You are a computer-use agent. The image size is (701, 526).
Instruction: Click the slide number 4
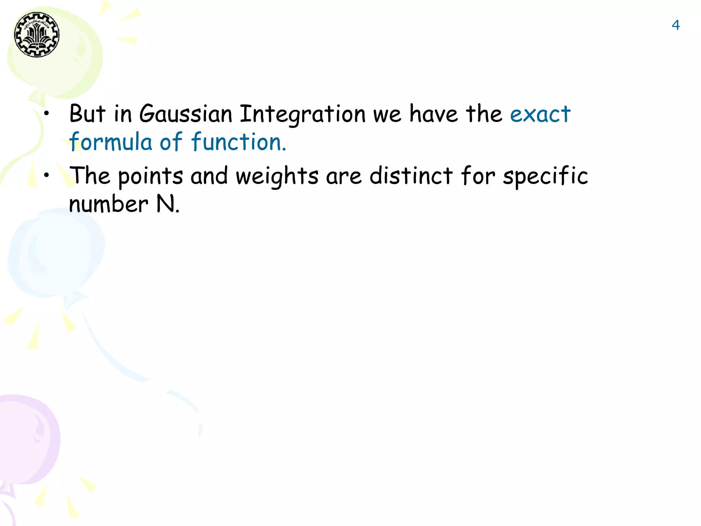click(x=675, y=25)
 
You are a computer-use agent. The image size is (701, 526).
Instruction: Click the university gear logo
click(x=37, y=35)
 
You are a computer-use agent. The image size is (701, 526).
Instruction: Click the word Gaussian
click(x=186, y=114)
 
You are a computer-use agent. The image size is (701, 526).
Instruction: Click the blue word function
click(x=238, y=142)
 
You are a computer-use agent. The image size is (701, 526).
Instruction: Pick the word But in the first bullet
click(x=87, y=114)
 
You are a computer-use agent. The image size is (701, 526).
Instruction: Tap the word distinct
click(x=411, y=176)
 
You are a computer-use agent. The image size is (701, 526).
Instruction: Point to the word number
click(x=109, y=204)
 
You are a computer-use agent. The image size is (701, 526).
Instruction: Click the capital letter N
click(x=165, y=204)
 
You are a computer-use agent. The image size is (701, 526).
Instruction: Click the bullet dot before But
click(x=47, y=113)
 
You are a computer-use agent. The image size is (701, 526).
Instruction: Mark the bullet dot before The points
click(x=47, y=175)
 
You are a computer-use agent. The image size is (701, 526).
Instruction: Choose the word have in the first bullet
click(x=434, y=114)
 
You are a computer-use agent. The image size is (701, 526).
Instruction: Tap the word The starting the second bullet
click(x=90, y=176)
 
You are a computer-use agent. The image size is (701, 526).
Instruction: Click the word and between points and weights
click(x=209, y=176)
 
